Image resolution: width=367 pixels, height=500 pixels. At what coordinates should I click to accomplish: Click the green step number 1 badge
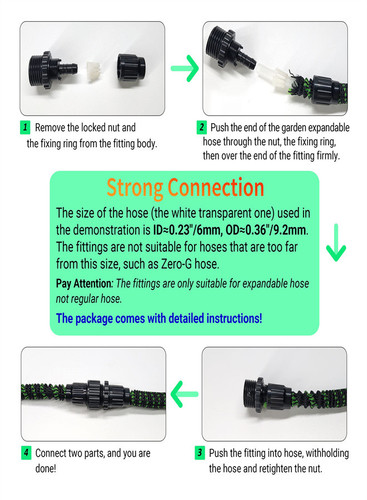click(25, 128)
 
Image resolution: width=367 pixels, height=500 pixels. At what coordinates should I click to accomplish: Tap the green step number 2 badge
click(201, 128)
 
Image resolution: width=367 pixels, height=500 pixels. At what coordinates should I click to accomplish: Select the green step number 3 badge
click(199, 453)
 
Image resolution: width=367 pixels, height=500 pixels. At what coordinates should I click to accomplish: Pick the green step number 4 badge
click(26, 453)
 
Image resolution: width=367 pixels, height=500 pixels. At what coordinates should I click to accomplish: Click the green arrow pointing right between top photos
click(185, 68)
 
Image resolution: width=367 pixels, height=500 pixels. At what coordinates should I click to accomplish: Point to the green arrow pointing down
click(336, 243)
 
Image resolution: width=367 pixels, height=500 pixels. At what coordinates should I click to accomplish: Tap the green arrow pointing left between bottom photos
click(184, 394)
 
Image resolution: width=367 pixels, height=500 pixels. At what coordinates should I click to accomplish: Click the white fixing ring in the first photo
click(94, 71)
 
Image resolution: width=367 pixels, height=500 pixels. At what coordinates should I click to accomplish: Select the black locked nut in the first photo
click(131, 68)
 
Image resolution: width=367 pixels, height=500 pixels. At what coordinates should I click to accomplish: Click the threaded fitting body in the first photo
click(52, 71)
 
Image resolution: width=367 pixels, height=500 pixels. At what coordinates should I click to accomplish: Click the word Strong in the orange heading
click(135, 188)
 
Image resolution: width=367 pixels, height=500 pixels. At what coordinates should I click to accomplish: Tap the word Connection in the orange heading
click(216, 187)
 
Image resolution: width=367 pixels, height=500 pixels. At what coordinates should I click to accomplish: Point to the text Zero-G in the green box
click(177, 264)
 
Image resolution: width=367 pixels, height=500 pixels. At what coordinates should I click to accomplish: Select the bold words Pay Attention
click(84, 283)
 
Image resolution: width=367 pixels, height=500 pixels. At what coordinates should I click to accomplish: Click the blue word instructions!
click(234, 318)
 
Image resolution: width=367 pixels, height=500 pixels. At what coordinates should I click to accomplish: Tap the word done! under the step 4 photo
click(46, 468)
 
